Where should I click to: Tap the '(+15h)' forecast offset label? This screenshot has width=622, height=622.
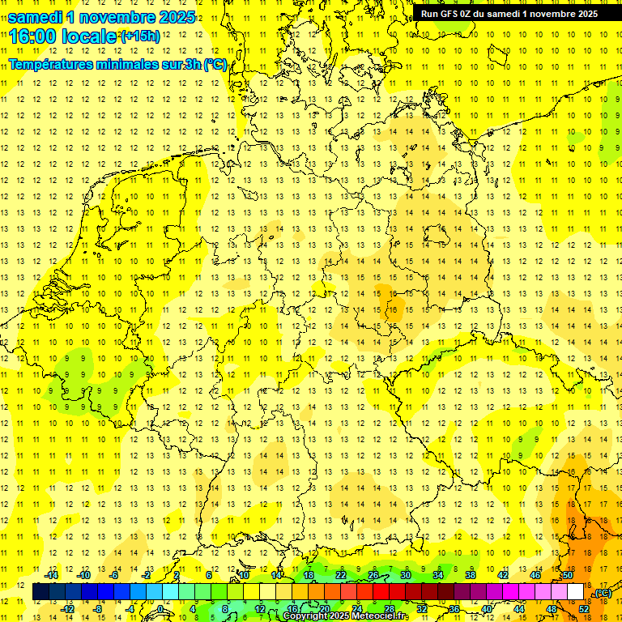[x=139, y=36]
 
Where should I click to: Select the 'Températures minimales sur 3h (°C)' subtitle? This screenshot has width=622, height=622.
[x=117, y=65]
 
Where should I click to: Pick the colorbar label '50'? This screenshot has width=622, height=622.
[x=568, y=575]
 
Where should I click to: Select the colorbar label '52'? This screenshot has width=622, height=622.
[x=584, y=609]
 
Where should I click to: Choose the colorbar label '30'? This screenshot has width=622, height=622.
[x=406, y=575]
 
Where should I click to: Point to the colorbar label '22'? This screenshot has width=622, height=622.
[x=341, y=575]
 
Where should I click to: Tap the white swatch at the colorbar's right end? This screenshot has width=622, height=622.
[x=576, y=592]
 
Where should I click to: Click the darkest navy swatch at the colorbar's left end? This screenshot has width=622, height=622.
[x=40, y=592]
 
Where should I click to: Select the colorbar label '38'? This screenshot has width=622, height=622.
[x=471, y=575]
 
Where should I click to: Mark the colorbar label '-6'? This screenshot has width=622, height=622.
[x=115, y=575]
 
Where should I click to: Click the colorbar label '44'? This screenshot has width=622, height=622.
[x=519, y=609]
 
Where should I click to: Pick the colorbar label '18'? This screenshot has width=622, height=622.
[x=309, y=575]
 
